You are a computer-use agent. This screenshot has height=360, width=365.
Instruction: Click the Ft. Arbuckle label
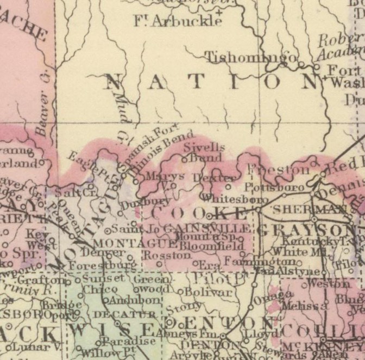tap(178, 22)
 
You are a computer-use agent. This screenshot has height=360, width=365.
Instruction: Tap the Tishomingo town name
tap(251, 57)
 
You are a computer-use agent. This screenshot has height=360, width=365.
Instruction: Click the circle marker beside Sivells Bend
tap(184, 159)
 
